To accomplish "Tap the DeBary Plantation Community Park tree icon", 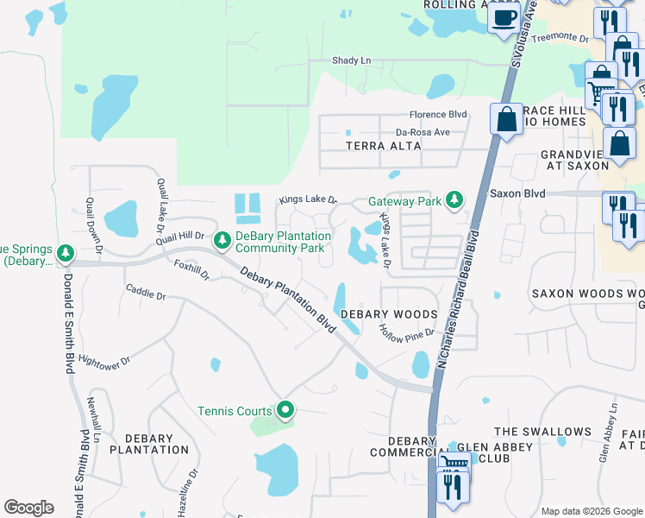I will pos(222,238).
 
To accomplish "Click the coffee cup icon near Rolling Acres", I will pos(504,16).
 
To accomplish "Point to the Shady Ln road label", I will pos(351,60).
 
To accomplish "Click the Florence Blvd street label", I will pos(437,114).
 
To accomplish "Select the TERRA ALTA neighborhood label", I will pos(384,146).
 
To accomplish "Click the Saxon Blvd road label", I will pos(517,194).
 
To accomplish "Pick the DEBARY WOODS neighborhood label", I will pos(389,314).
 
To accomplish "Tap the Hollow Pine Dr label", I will pos(408,332).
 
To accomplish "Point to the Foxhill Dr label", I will pos(191,270).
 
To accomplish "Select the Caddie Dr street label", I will pos(145,294).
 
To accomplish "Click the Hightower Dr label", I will pos(103,357).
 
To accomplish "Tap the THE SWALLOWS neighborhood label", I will pos(542,432).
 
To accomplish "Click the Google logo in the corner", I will pos(28,508).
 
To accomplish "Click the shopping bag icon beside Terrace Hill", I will pos(507,118).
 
